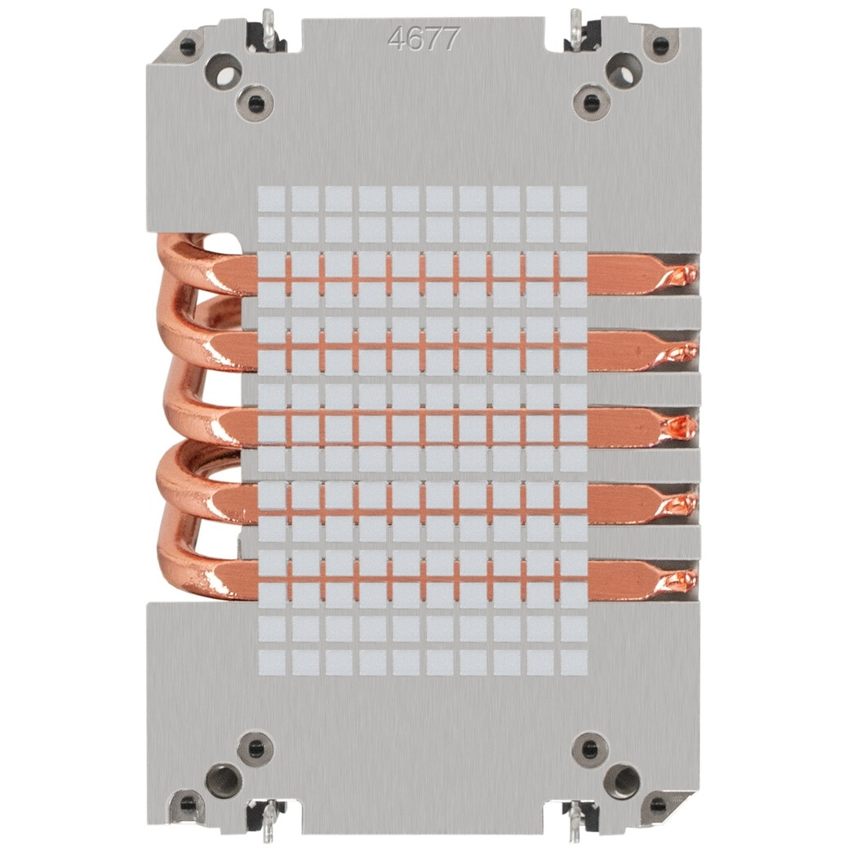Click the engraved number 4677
424,38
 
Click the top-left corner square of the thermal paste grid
271,199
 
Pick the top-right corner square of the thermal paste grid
573,199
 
